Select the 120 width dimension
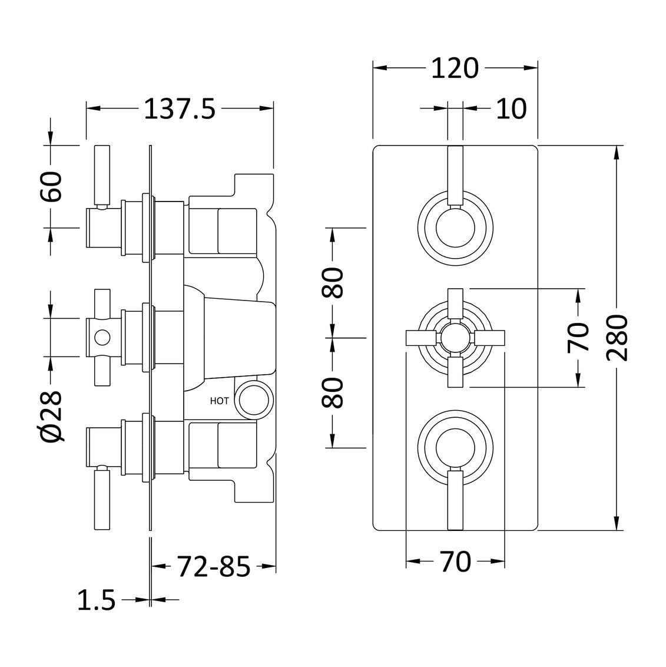(x=454, y=69)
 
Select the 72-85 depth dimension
(x=214, y=567)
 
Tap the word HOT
(x=219, y=401)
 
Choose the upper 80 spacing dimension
(x=333, y=283)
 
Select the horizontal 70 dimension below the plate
(x=455, y=562)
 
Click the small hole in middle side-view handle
(x=102, y=338)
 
